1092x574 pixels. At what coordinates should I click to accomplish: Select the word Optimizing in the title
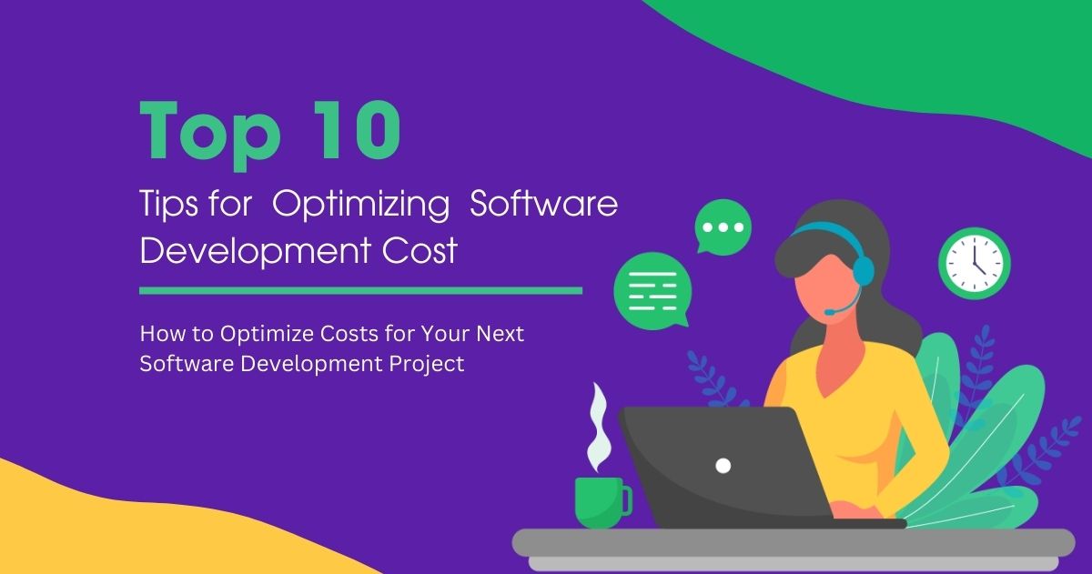click(x=361, y=206)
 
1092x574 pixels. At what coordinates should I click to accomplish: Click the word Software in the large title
click(x=543, y=204)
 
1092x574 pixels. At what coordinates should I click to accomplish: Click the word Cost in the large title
click(x=418, y=249)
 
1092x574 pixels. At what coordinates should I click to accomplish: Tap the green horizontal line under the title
click(x=360, y=291)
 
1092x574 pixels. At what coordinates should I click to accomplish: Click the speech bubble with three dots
click(x=723, y=227)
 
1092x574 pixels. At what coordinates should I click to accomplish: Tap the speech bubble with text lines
click(x=652, y=290)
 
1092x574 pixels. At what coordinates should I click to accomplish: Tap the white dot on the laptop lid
click(x=723, y=466)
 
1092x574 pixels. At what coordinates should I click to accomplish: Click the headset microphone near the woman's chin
click(x=830, y=312)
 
